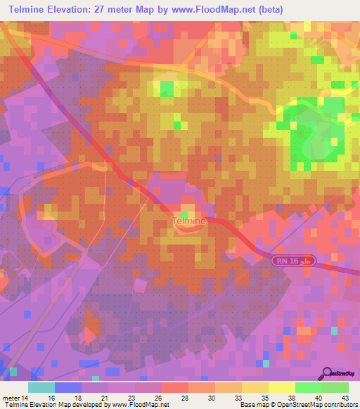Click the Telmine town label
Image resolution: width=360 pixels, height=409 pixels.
tap(188, 221)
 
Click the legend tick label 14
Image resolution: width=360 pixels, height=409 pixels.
tap(28, 397)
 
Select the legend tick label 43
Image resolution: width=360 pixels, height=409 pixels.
tap(345, 397)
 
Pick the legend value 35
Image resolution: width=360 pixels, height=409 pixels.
tap(246, 397)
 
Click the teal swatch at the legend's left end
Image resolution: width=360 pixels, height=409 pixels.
tap(41, 387)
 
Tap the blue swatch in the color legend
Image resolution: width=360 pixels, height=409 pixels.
tap(68, 387)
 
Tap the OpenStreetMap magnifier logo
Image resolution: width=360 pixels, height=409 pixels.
tap(328, 374)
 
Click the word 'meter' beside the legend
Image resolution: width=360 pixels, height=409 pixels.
tap(12, 397)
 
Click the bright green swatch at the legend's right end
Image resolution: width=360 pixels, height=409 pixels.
tap(335, 387)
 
